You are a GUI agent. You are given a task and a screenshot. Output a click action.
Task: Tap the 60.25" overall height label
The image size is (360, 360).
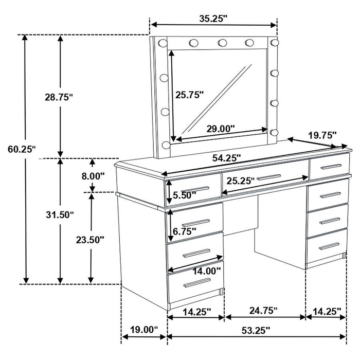[22, 149]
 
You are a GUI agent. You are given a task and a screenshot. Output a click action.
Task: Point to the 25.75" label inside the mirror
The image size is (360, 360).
[189, 95]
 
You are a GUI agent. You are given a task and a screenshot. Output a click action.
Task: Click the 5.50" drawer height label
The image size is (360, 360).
[183, 195]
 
